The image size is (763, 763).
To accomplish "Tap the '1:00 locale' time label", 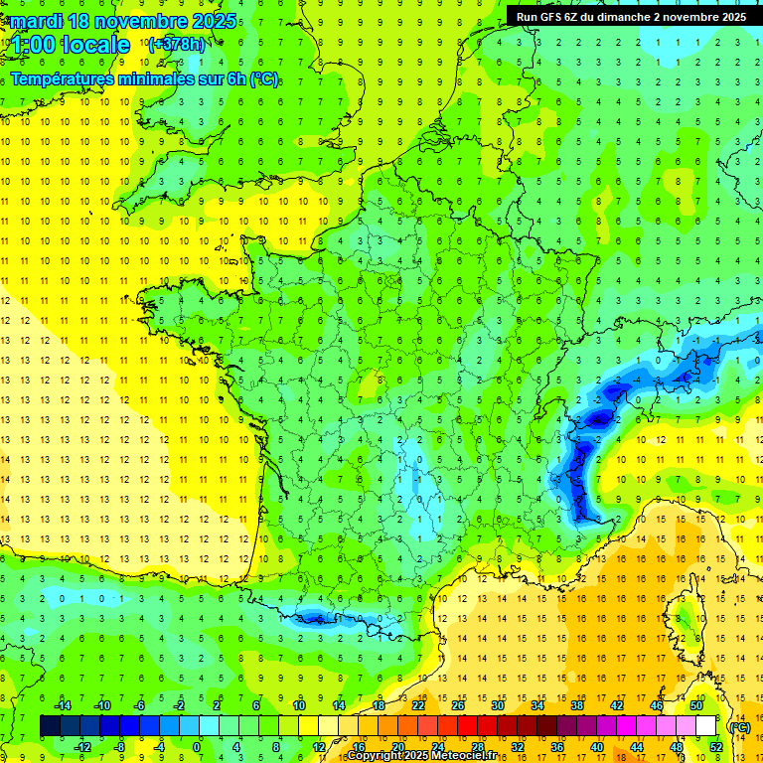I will (68, 45).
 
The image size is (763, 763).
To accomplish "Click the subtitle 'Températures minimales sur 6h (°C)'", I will (144, 79).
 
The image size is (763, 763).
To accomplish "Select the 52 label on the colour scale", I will (716, 746).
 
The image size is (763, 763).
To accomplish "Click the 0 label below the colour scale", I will (196, 746).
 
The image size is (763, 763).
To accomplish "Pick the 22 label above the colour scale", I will (418, 705).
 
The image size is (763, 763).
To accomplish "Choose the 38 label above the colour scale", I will (576, 705).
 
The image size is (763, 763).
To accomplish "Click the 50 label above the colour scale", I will (696, 705).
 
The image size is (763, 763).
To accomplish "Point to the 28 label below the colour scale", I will (478, 746).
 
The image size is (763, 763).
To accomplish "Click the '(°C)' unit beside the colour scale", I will (740, 726).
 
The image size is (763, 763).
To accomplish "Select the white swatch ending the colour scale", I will (706, 726).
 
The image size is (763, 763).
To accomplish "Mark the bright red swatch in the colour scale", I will (468, 726).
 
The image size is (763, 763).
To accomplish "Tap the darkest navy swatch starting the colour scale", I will (51, 726).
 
